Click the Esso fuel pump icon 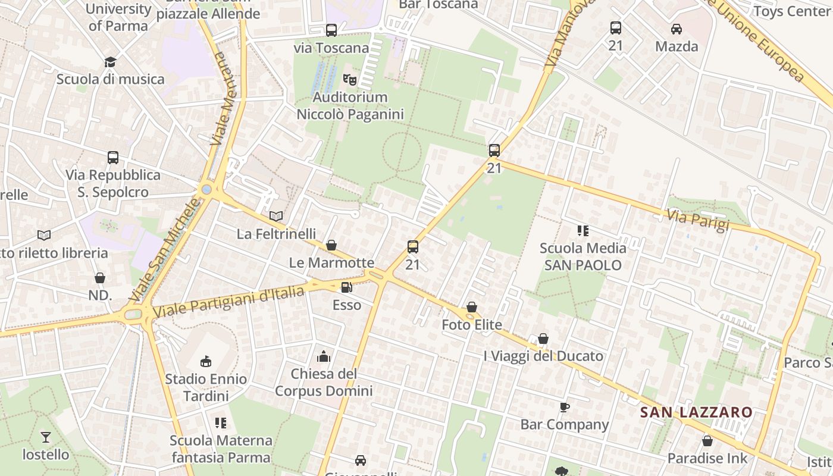click(346, 288)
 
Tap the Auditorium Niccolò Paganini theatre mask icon click(350, 79)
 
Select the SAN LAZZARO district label click(696, 412)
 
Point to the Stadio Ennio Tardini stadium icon click(206, 361)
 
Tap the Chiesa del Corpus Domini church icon click(324, 356)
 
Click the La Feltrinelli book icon click(276, 216)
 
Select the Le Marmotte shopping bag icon click(331, 245)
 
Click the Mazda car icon click(676, 29)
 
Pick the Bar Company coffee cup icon click(564, 407)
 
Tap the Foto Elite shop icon click(471, 307)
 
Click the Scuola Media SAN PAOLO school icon click(583, 230)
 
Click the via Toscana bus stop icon click(331, 30)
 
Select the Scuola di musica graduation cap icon click(110, 62)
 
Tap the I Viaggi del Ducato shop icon click(543, 339)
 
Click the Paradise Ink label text click(707, 458)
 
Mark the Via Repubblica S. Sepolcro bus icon click(113, 158)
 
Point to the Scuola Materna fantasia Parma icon click(221, 423)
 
